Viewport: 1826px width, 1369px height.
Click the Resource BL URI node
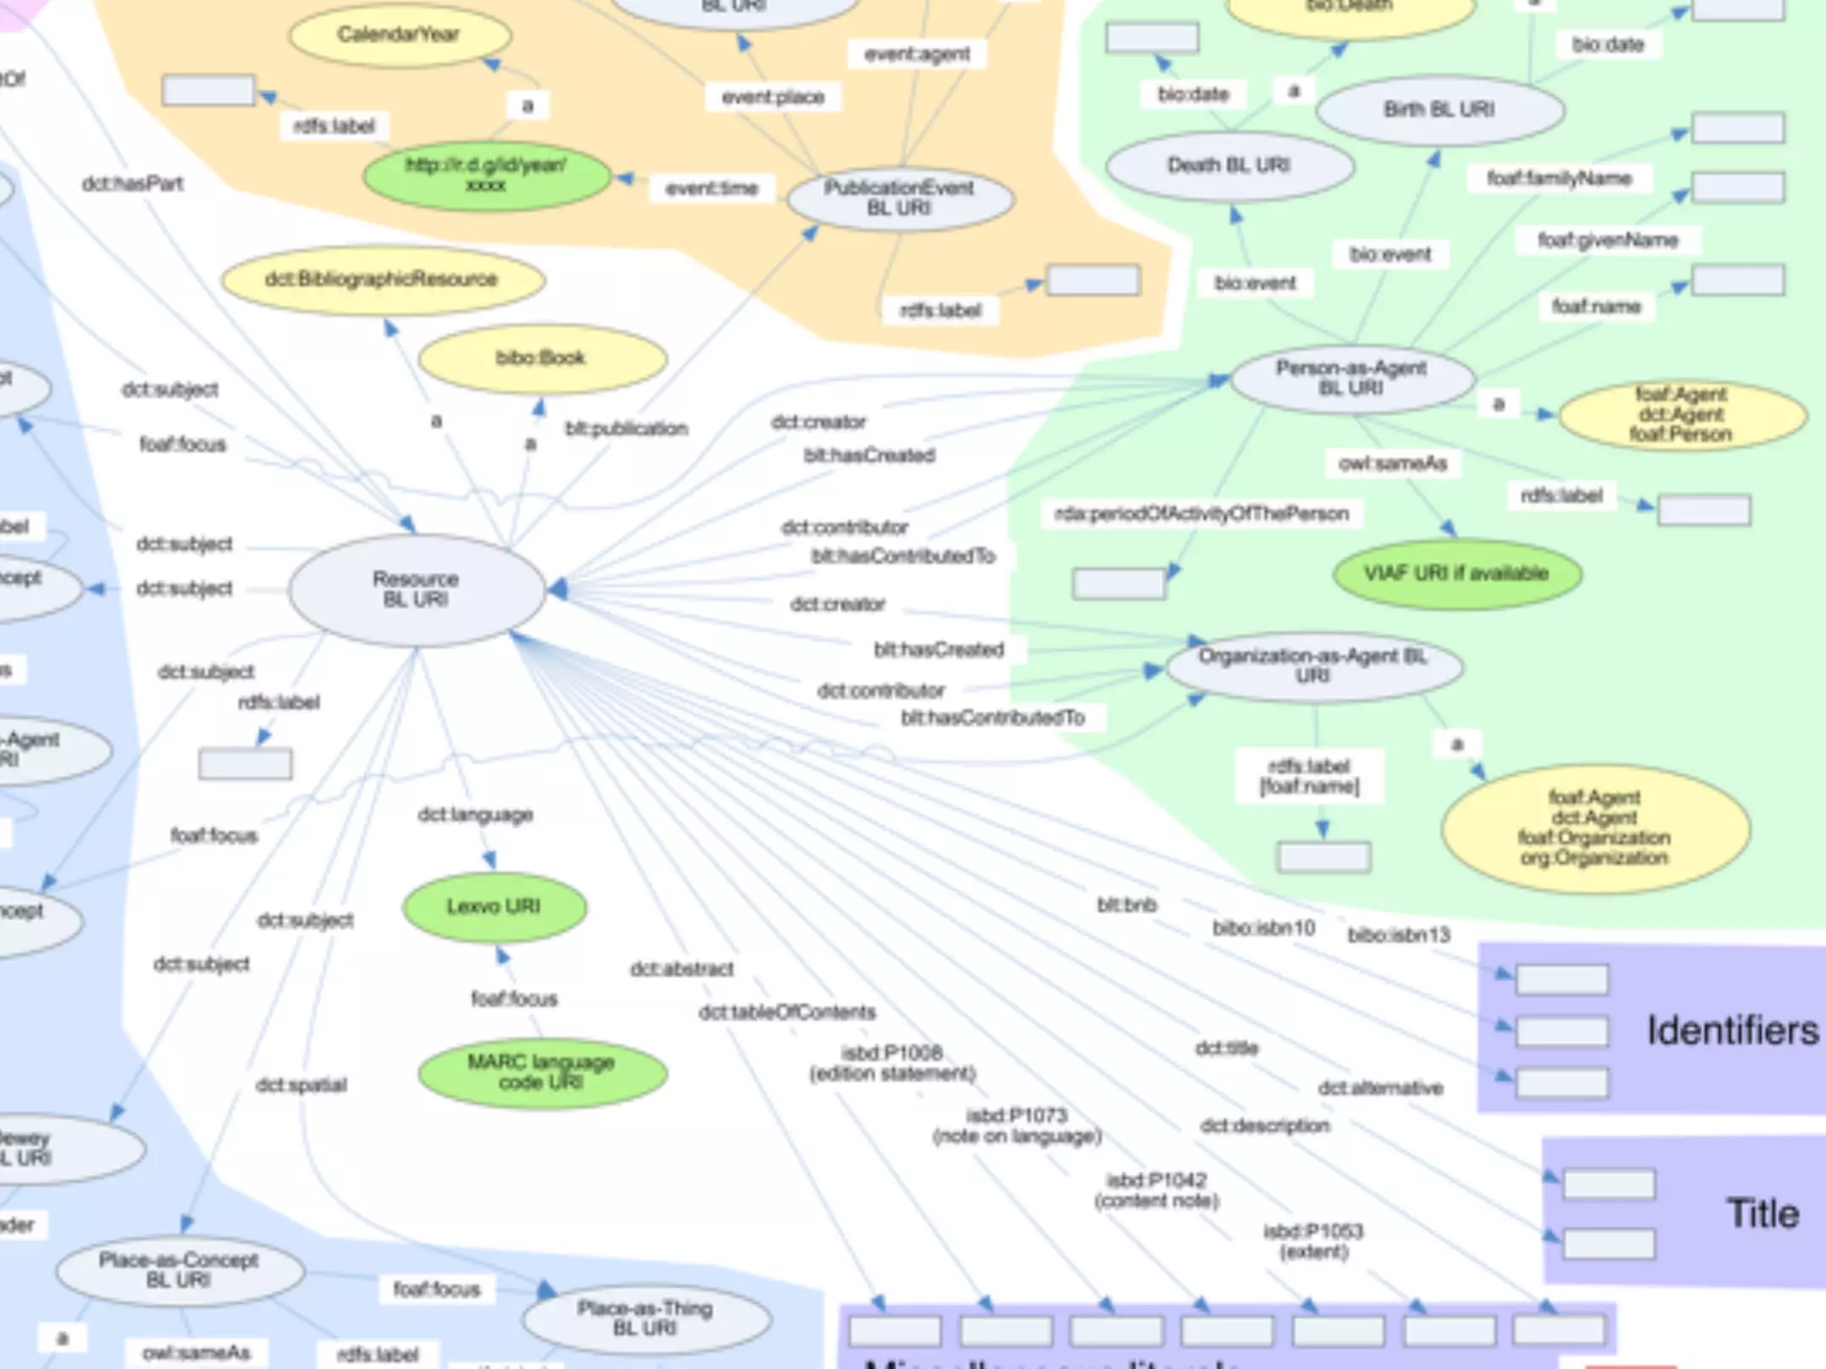pos(416,589)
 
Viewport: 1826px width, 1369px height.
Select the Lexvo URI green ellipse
pos(494,907)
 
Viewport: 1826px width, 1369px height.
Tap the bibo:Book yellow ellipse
pos(541,358)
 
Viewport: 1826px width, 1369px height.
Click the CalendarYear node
pos(399,35)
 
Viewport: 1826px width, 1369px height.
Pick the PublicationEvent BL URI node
pos(900,198)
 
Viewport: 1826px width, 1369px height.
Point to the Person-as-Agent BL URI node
pos(1351,378)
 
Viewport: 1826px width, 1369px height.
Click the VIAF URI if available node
pos(1456,573)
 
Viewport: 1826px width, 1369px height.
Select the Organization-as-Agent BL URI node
pos(1312,666)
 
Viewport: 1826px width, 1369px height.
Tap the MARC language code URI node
pos(541,1072)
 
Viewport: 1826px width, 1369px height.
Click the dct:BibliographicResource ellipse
pos(382,280)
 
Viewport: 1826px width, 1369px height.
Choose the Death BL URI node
pos(1229,166)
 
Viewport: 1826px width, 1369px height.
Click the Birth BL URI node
pos(1439,110)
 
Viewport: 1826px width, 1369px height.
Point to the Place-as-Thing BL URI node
pos(645,1318)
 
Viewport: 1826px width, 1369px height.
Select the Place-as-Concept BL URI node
pos(178,1270)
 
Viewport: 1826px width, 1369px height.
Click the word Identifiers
pos(1732,1030)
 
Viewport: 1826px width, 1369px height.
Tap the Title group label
pos(1763,1214)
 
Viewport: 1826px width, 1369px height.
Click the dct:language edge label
pos(475,815)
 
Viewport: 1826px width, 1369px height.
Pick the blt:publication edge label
pos(626,429)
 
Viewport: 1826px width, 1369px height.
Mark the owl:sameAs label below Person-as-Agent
pos(1393,463)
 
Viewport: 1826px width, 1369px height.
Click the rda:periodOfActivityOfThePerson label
pos(1201,514)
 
